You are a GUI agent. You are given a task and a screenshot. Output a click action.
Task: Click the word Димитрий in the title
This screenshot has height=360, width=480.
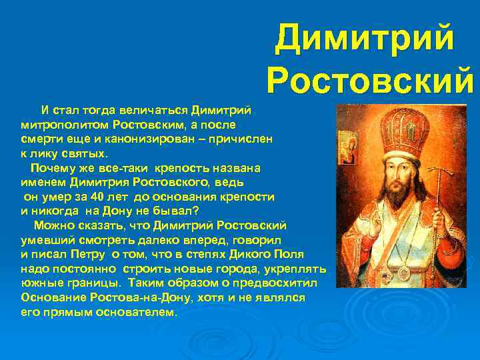365,39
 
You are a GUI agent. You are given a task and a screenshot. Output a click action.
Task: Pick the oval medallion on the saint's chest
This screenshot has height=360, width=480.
404,273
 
